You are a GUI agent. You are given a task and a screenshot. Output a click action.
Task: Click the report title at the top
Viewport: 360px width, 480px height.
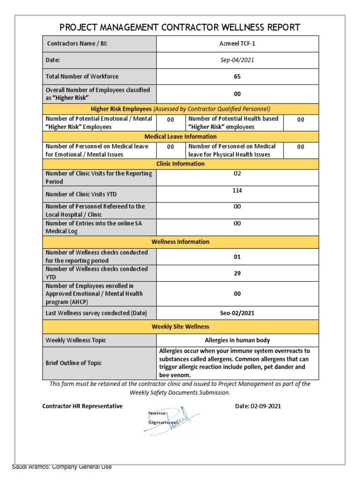point(180,27)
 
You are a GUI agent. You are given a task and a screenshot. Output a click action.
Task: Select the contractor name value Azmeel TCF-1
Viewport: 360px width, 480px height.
point(237,44)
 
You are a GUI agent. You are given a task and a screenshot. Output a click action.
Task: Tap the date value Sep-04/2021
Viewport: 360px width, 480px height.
point(237,60)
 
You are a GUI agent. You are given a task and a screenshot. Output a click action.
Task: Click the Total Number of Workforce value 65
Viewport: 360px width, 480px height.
point(237,76)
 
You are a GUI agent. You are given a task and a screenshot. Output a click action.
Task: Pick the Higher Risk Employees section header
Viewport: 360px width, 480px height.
point(180,109)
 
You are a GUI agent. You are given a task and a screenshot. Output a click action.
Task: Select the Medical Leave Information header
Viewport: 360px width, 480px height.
point(180,136)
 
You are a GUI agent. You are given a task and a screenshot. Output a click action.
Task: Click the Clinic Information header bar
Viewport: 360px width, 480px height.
point(180,164)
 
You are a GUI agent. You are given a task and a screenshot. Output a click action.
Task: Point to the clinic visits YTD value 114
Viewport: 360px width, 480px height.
point(237,190)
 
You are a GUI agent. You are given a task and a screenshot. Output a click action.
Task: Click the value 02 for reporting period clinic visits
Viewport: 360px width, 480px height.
point(237,173)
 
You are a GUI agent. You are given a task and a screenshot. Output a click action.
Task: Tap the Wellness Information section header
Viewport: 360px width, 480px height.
point(180,242)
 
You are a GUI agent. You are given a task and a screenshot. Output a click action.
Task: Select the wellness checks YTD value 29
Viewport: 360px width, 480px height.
point(237,273)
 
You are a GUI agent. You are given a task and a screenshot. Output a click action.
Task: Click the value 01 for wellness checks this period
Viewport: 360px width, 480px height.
point(237,256)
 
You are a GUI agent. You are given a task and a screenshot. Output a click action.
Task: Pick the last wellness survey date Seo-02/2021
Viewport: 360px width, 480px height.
point(237,313)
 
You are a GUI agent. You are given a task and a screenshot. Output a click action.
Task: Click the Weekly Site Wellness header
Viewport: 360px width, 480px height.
point(180,326)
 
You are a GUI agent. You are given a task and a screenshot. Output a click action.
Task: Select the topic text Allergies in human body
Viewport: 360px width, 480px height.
point(237,340)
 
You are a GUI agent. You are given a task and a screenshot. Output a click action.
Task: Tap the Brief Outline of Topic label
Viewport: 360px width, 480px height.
point(73,363)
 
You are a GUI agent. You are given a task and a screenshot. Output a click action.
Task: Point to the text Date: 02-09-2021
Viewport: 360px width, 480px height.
point(258,406)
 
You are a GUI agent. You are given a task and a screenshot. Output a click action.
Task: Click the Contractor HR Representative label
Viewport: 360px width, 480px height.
point(82,406)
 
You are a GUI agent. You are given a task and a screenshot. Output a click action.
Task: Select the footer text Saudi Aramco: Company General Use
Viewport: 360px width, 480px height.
point(62,466)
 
